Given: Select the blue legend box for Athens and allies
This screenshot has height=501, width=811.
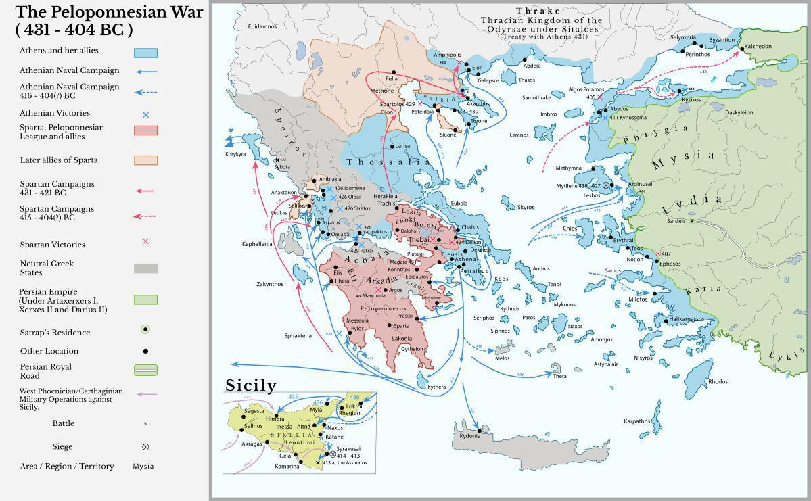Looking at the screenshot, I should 145,53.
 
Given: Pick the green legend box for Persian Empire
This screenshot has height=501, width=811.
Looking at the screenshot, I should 145,300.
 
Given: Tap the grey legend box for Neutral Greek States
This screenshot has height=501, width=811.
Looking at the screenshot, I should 145,268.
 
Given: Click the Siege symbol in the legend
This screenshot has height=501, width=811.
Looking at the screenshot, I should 145,447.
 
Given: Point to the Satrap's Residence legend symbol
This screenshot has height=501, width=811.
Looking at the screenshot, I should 145,330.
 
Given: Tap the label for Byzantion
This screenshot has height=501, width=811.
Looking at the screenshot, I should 721,40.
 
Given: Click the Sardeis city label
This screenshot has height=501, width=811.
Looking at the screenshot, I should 676,221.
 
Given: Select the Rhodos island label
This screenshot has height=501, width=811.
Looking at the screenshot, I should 718,381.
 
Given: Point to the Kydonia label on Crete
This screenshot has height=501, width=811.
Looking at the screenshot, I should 469,436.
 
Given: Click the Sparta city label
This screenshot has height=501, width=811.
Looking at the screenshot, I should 401,326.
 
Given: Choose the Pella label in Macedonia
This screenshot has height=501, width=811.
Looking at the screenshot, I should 392,79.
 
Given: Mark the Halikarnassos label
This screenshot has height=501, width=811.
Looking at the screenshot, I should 687,319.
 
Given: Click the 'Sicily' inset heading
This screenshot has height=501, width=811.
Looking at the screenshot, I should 251,385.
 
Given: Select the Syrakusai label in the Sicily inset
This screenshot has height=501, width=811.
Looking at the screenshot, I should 348,448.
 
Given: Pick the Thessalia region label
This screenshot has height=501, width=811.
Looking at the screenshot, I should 388,162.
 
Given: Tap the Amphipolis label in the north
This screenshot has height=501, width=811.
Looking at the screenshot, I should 447,55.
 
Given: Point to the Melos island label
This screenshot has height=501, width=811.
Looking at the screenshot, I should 502,358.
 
